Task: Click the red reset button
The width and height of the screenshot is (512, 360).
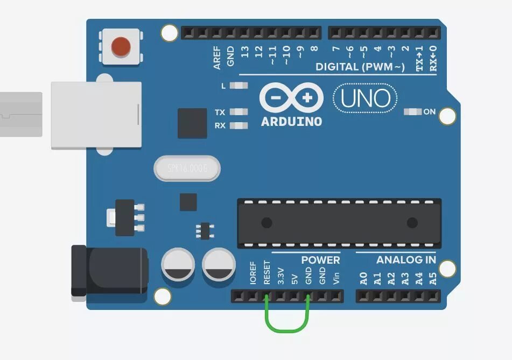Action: tap(121, 47)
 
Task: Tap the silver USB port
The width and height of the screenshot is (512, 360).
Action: tap(96, 115)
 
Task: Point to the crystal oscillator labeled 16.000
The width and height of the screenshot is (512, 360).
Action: tap(187, 168)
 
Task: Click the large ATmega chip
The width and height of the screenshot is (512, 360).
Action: tap(339, 223)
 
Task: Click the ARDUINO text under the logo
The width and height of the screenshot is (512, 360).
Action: tap(291, 122)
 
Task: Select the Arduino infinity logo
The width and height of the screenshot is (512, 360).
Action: tap(291, 98)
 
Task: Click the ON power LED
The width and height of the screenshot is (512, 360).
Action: tap(413, 112)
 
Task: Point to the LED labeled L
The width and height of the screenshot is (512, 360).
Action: tap(239, 86)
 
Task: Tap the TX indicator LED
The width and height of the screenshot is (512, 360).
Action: tap(239, 112)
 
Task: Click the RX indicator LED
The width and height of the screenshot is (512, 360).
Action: tap(239, 125)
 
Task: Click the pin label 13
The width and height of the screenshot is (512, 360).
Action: tap(245, 52)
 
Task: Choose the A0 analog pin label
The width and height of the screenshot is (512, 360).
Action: tap(363, 278)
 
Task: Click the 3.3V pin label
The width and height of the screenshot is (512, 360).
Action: tap(280, 276)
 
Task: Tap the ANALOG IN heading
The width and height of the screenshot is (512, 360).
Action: tap(406, 260)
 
